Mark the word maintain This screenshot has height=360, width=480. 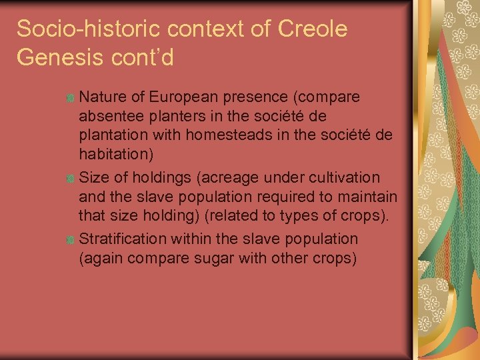click(x=370, y=198)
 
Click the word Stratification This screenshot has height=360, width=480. click(x=125, y=239)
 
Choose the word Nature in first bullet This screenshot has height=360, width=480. click(x=101, y=97)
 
